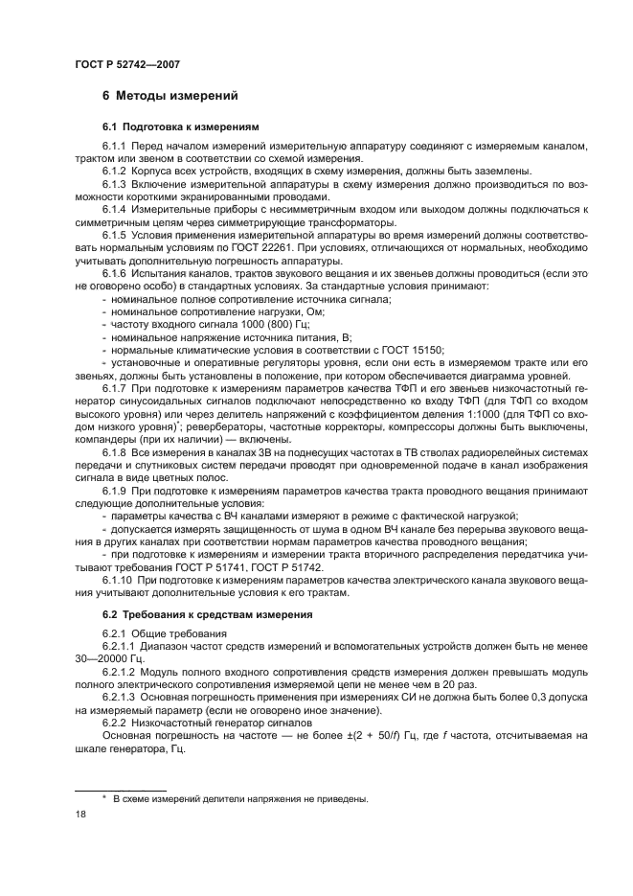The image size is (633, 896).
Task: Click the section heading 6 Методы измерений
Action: [163, 96]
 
